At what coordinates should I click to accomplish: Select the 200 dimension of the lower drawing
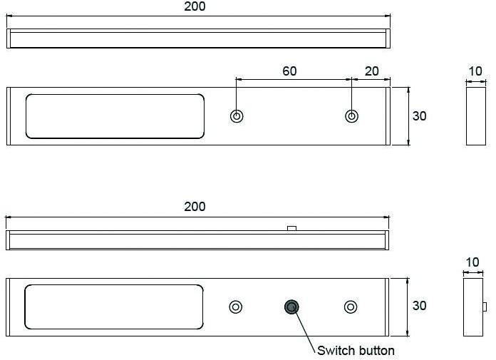click(x=194, y=207)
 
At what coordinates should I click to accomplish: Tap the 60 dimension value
click(x=289, y=71)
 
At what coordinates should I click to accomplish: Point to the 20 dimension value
click(x=371, y=71)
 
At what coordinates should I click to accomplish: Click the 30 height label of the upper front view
click(x=420, y=115)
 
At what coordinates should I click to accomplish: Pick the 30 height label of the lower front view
click(x=420, y=306)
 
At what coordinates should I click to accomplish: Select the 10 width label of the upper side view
click(x=475, y=71)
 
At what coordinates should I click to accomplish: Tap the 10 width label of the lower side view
click(x=472, y=262)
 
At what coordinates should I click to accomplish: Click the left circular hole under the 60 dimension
click(x=237, y=116)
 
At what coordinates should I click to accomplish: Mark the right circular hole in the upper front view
click(x=351, y=116)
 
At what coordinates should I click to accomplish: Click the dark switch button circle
click(x=291, y=307)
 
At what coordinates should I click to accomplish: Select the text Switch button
click(x=356, y=350)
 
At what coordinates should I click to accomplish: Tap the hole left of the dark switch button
click(x=235, y=307)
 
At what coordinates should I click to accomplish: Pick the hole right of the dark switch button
click(x=350, y=307)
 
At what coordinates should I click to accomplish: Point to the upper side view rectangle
click(x=475, y=115)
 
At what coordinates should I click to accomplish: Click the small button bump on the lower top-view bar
click(x=291, y=228)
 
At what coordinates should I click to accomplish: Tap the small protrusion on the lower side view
click(x=485, y=307)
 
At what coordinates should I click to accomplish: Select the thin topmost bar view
click(x=198, y=38)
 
